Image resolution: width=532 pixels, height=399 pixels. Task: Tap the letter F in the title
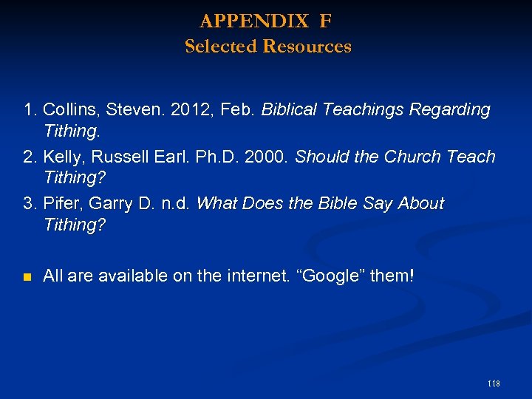(326, 21)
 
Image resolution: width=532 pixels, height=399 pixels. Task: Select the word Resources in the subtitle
(307, 47)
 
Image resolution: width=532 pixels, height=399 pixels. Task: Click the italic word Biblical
(290, 110)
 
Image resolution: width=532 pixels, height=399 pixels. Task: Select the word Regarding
(450, 110)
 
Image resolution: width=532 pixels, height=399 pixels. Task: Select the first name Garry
(112, 203)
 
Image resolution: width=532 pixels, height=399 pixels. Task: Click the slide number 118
(494, 383)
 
